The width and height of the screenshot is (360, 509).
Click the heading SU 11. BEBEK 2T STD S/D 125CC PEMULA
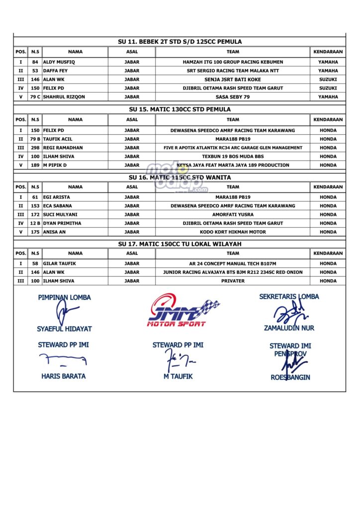tap(180, 42)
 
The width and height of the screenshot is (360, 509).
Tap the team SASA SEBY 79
tap(233, 97)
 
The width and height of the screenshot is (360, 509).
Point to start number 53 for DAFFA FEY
tap(35, 71)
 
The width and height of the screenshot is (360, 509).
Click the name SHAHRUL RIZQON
tap(64, 97)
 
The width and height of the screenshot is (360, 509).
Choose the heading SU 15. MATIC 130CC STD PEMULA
tap(180, 109)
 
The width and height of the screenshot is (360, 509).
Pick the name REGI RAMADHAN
tap(63, 148)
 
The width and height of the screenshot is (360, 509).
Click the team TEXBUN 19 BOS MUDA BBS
tap(233, 157)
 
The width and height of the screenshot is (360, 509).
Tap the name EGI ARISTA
tap(56, 197)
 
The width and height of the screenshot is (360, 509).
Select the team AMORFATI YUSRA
tap(233, 215)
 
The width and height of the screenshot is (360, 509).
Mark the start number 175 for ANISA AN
tap(35, 232)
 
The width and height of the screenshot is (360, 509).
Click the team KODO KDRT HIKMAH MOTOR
tap(233, 232)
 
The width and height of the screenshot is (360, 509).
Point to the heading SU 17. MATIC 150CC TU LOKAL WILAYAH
tap(180, 244)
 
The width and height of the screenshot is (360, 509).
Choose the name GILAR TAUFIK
tap(59, 263)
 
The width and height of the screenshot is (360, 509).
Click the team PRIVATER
tap(233, 281)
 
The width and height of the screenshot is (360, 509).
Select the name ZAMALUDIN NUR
tap(289, 328)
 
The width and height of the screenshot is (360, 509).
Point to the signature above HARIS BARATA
tap(62, 358)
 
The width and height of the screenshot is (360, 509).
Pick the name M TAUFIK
tap(178, 376)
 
